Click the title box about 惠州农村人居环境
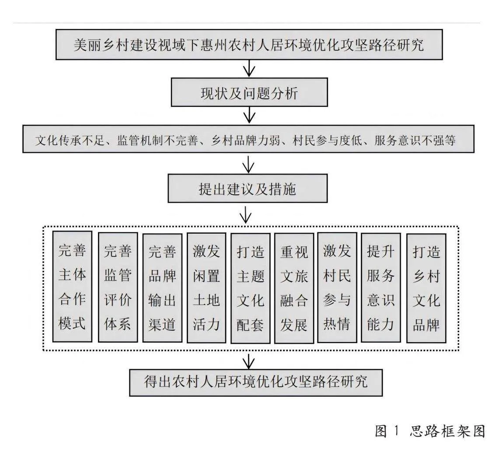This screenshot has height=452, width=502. (249, 45)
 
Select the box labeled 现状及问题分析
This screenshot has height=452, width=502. (249, 92)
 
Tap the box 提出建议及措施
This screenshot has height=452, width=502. (248, 188)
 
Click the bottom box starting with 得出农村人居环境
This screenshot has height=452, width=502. (256, 382)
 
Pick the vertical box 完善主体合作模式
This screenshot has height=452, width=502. (72, 287)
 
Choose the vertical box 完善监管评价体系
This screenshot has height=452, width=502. (118, 287)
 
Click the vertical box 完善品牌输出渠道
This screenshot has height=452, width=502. (162, 287)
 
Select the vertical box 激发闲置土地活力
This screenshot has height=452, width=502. (206, 287)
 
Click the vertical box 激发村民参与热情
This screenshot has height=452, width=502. (337, 287)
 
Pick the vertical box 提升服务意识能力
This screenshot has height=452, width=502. (381, 287)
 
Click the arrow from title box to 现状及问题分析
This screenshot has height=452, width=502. (249, 69)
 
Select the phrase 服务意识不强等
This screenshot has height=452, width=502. (415, 140)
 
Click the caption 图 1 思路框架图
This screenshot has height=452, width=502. (430, 431)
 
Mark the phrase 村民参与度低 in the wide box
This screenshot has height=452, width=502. (327, 140)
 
